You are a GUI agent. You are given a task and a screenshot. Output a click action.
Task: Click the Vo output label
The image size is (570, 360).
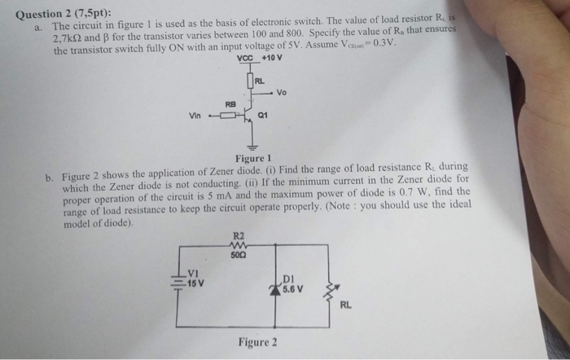coord(282,91)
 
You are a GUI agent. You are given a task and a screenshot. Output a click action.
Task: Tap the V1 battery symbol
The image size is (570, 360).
coord(178,282)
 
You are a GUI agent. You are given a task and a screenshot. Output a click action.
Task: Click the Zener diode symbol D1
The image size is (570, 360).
coord(280,286)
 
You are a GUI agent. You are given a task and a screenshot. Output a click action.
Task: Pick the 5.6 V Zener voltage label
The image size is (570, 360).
coord(294,288)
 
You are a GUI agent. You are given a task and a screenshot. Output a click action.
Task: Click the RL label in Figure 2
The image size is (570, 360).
coord(345,306)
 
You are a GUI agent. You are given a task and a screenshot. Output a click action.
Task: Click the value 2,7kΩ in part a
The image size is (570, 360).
coord(69,37)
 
